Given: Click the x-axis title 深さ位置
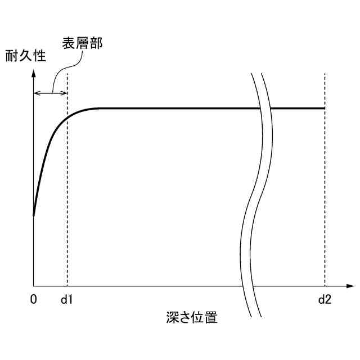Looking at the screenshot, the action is click(x=192, y=317).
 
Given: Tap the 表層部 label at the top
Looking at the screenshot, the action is click(x=82, y=43).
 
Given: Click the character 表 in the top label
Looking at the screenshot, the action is click(x=68, y=43).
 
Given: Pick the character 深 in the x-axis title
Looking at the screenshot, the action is click(x=172, y=317).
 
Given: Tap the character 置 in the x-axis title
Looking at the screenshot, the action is click(x=211, y=317).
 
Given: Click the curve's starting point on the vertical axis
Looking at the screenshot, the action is click(x=34, y=215).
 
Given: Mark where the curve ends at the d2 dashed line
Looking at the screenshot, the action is click(x=325, y=107).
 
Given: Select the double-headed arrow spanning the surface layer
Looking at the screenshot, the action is click(x=51, y=92).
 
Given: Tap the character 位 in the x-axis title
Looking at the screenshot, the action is click(x=199, y=317).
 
